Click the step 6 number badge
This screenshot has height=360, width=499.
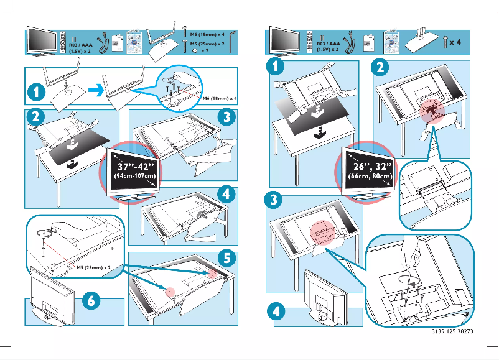pos(91,300)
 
